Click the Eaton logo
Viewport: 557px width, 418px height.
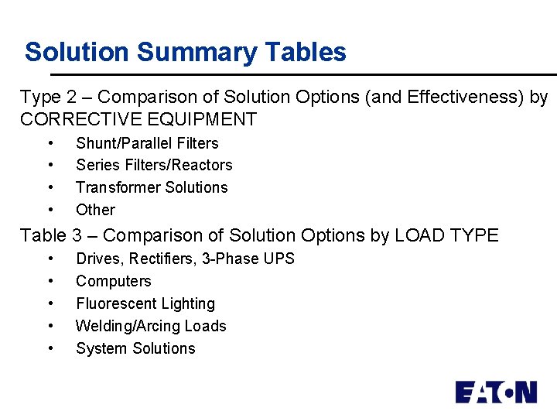(495, 392)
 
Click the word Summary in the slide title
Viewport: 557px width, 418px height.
(197, 53)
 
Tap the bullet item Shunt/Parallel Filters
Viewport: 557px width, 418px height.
(147, 143)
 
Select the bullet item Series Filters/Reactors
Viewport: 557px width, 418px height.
(154, 165)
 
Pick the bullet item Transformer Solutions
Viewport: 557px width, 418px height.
(152, 187)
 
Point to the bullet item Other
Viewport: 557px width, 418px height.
(95, 210)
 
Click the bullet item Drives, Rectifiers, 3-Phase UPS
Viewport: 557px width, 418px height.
(185, 259)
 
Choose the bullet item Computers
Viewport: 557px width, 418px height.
(113, 281)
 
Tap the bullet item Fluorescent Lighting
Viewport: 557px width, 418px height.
(145, 303)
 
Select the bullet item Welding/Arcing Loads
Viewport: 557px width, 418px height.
(151, 326)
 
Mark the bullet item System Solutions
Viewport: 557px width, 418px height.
(135, 348)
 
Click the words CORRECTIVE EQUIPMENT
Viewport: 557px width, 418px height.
(138, 119)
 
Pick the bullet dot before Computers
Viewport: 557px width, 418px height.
(50, 281)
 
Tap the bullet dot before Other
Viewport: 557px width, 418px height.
(50, 210)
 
